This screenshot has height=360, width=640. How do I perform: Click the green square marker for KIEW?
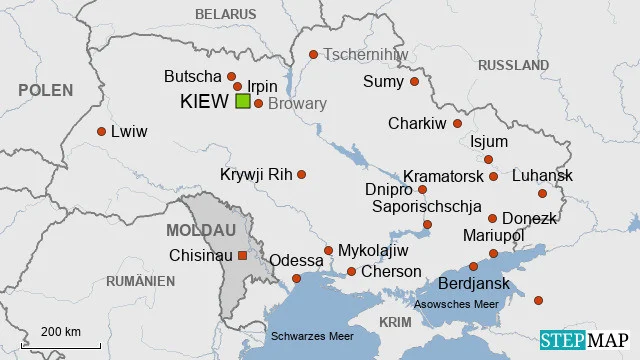(x=243, y=102)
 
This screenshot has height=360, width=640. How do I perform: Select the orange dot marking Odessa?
(x=296, y=278)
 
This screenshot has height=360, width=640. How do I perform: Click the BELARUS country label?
(x=225, y=14)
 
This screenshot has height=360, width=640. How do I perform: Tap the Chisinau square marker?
(x=241, y=255)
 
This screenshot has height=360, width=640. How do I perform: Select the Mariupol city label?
(x=494, y=235)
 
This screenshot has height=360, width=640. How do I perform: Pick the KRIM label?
(x=395, y=321)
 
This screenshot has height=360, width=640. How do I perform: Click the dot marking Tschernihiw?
(x=313, y=55)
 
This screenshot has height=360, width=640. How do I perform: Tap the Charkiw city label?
(x=417, y=124)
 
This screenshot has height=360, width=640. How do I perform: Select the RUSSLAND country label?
(x=513, y=65)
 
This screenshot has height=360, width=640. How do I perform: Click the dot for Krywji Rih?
(x=301, y=174)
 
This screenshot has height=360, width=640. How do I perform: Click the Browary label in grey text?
(x=298, y=104)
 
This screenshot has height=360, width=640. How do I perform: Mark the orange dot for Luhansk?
(x=542, y=193)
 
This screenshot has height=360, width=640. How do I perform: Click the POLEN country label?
(x=45, y=90)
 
